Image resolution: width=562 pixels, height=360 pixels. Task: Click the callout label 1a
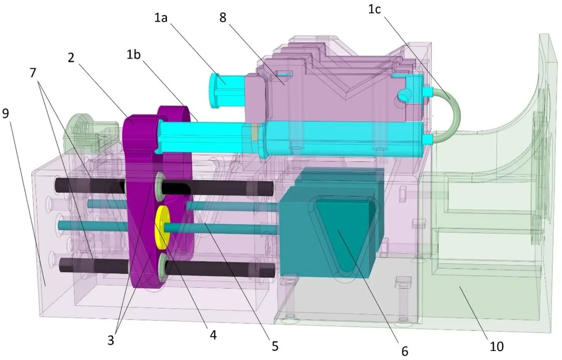[x=161, y=17]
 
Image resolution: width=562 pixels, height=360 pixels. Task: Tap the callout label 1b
[x=133, y=55]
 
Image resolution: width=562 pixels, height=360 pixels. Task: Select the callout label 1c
[x=374, y=9]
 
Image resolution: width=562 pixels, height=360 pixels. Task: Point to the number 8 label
[x=223, y=17]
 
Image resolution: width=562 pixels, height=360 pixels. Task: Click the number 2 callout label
[x=71, y=57]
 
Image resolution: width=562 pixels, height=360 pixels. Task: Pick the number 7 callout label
[x=33, y=73]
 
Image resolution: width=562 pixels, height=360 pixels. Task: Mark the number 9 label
[x=6, y=113]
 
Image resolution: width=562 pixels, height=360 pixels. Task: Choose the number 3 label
[x=111, y=340]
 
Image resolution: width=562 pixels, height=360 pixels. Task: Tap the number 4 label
[x=213, y=335]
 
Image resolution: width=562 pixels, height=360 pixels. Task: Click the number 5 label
[x=275, y=346]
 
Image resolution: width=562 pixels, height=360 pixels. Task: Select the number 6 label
[x=405, y=351]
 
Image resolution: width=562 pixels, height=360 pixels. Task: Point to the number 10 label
[x=496, y=346]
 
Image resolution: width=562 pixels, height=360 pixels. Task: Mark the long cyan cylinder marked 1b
[x=292, y=138]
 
